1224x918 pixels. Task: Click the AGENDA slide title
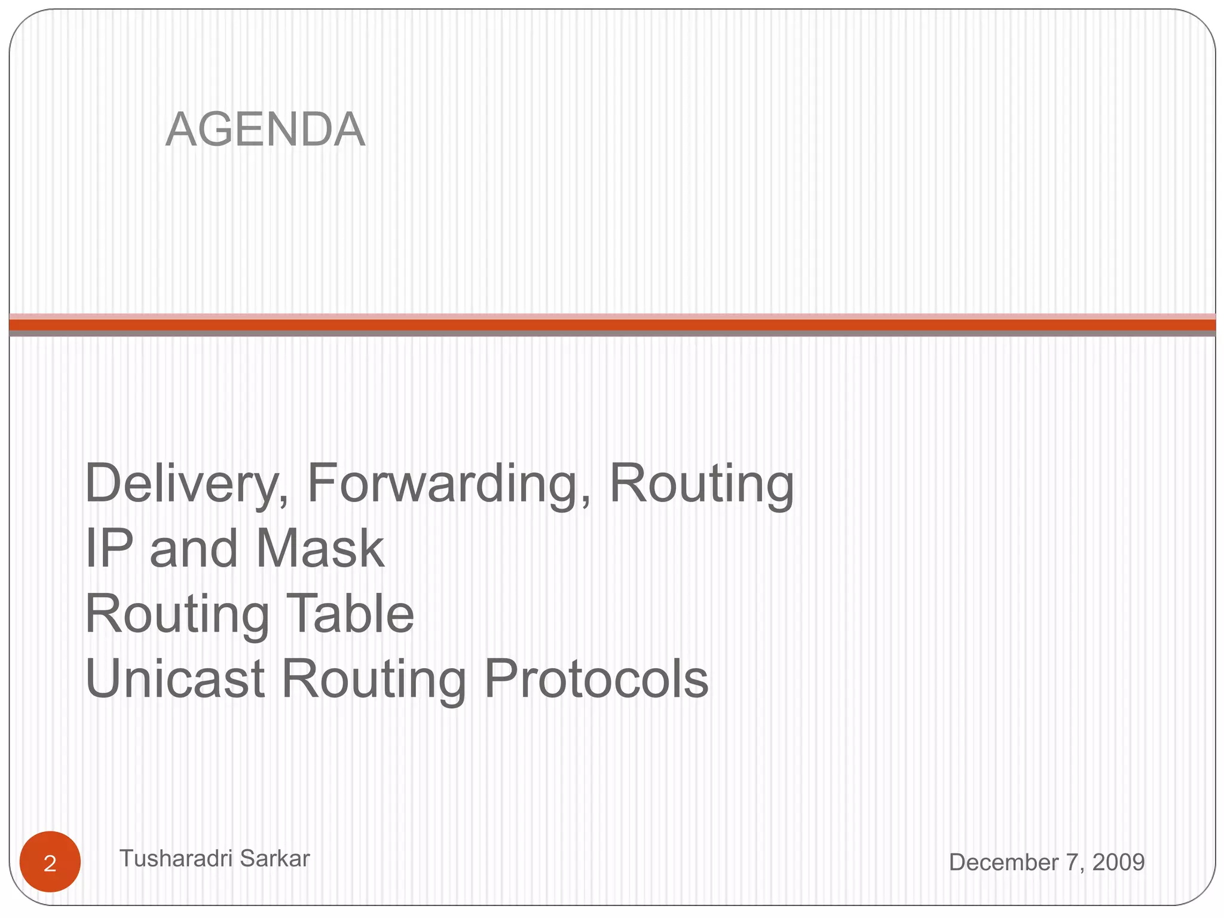[265, 130]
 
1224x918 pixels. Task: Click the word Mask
[320, 548]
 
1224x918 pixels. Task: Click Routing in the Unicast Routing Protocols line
[374, 680]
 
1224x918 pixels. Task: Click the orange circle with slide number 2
[50, 862]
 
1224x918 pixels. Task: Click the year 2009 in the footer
[1118, 862]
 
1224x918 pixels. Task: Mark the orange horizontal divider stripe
[612, 325]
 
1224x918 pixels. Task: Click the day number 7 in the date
[1072, 862]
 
